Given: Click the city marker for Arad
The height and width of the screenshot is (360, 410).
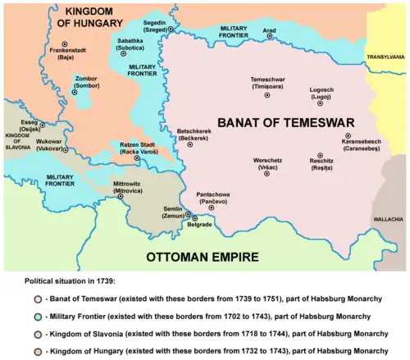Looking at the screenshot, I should pyautogui.click(x=270, y=38).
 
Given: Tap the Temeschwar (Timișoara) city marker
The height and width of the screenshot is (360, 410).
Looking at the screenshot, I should pyautogui.click(x=266, y=95).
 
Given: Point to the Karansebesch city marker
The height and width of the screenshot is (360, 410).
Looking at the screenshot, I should pyautogui.click(x=348, y=134).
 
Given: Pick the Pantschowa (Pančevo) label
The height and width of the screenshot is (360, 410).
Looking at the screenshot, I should pyautogui.click(x=218, y=197).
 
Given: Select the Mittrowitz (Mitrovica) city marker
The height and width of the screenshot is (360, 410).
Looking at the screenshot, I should pyautogui.click(x=121, y=197).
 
